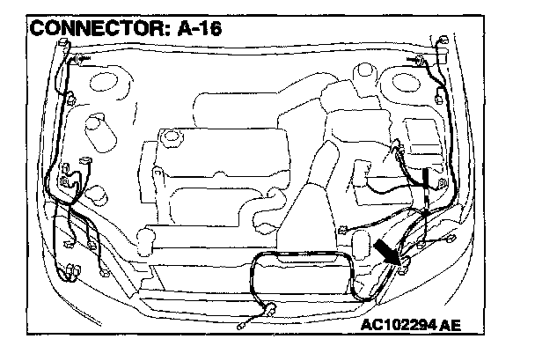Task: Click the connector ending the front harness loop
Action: coord(274,309)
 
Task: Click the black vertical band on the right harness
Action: coord(425,180)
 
